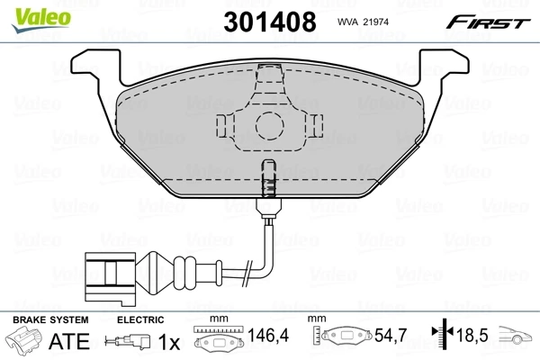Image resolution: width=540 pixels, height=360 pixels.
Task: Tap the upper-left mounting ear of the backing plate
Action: (94, 63)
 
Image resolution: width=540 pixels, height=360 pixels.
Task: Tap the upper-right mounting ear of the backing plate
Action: (443, 63)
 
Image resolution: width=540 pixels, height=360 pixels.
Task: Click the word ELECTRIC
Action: (139, 319)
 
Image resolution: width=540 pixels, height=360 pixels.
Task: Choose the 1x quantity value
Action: (168, 341)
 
